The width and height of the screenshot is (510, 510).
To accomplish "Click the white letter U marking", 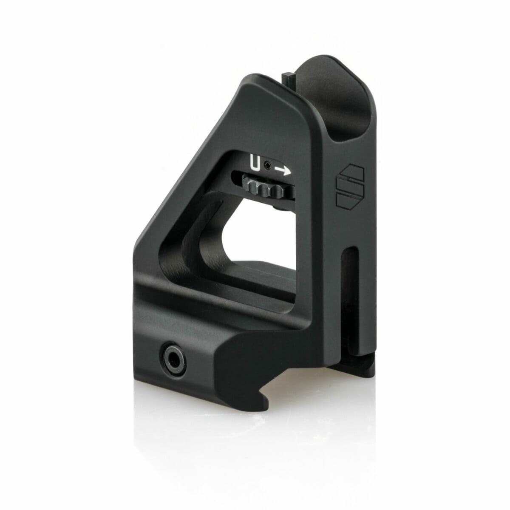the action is [255, 164].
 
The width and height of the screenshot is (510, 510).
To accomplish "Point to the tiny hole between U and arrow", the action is [268, 166].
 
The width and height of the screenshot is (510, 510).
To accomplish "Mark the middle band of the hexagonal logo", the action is [350, 186].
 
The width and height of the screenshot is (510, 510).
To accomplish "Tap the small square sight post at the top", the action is [289, 79].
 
